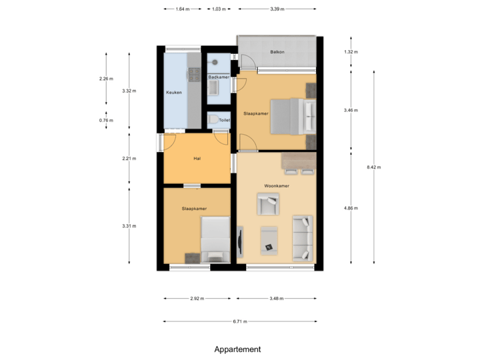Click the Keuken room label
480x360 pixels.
[174, 92]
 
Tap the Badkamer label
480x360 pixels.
[219, 77]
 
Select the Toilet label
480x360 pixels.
[224, 121]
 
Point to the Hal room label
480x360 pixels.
[197, 159]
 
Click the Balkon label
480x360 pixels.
[277, 51]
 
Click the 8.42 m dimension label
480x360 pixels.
[373, 167]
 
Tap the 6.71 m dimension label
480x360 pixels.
[240, 321]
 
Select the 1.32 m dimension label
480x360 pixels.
[351, 51]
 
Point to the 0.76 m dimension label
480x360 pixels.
[106, 121]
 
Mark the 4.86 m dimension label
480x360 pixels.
[351, 208]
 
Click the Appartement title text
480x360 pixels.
[237, 349]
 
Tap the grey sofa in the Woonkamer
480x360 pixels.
[303, 237]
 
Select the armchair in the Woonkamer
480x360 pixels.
[269, 204]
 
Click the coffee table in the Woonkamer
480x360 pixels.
[269, 239]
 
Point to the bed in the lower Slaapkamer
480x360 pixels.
[215, 240]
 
